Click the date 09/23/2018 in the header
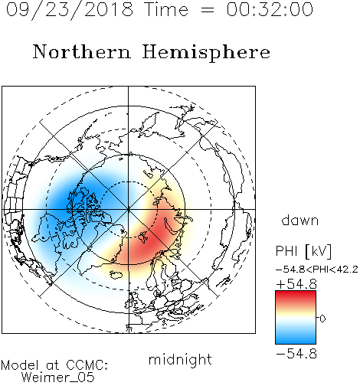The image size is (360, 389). [70, 10]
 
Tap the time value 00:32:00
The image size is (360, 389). [270, 9]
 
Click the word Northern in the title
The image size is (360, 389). [82, 52]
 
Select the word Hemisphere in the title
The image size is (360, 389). [206, 53]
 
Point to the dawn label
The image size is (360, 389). [300, 220]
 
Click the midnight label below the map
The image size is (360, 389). [180, 360]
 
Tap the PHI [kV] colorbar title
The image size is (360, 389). [303, 251]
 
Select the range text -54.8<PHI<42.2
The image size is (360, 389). [317, 270]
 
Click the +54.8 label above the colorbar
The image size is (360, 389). [296, 284]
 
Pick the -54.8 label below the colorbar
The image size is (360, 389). [296, 354]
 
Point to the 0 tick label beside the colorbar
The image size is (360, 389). [322, 319]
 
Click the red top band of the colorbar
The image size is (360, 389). [296, 296]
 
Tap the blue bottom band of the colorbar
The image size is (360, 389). [296, 338]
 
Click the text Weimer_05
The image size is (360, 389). [58, 378]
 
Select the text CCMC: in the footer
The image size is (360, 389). [87, 365]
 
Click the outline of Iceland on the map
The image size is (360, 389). [116, 274]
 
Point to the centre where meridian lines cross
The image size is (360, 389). [129, 209]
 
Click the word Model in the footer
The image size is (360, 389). [20, 365]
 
